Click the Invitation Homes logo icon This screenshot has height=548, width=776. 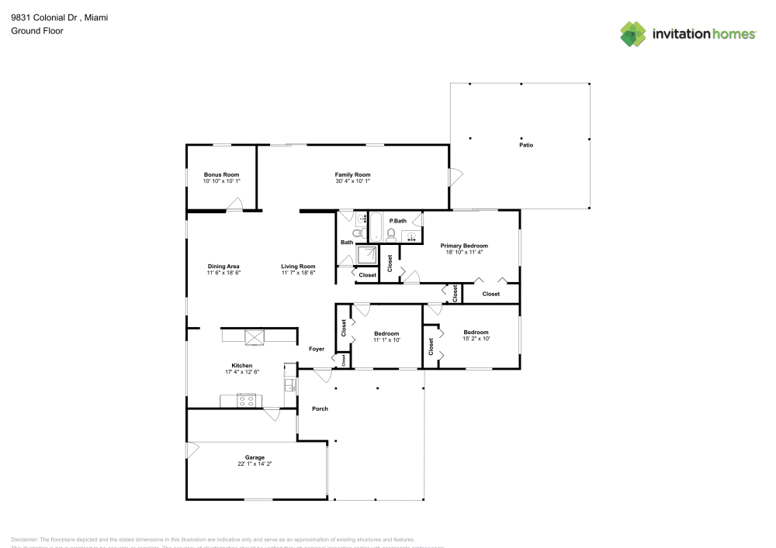(633, 34)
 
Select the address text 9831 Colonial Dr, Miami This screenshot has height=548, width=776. (59, 16)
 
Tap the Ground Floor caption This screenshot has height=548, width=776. (37, 31)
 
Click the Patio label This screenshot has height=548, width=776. (526, 145)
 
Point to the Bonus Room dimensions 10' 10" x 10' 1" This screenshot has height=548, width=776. (222, 181)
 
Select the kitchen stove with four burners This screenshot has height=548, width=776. (247, 401)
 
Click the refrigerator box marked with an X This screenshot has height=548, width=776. (255, 336)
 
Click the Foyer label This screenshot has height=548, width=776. (317, 349)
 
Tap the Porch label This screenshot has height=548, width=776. (320, 408)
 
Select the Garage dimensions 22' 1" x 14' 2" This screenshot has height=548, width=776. (255, 464)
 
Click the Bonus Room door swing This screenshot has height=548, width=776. (234, 204)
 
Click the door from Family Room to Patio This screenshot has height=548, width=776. (456, 176)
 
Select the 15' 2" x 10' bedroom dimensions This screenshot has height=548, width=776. (476, 339)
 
